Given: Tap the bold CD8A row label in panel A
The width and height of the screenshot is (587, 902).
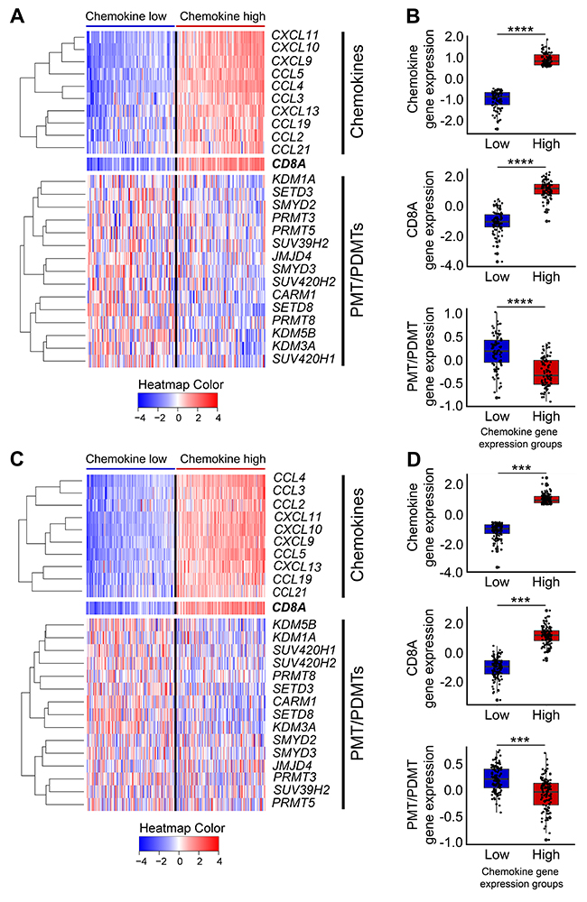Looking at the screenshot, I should pos(288,163).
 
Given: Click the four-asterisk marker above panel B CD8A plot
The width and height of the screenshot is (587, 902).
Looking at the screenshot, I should pos(519,163).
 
